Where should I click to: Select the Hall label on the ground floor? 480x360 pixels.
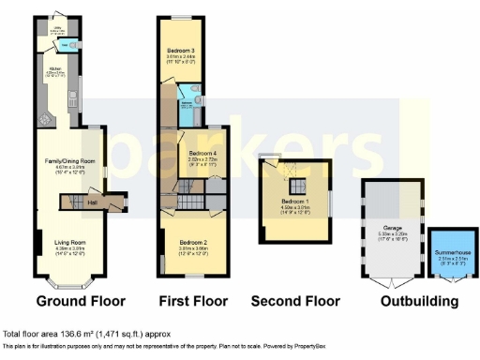(x=92, y=201)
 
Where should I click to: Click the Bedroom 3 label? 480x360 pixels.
(x=181, y=50)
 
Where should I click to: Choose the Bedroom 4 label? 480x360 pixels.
(x=202, y=153)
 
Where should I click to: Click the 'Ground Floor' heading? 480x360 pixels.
(x=80, y=302)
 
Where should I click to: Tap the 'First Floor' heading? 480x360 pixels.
(x=193, y=302)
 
